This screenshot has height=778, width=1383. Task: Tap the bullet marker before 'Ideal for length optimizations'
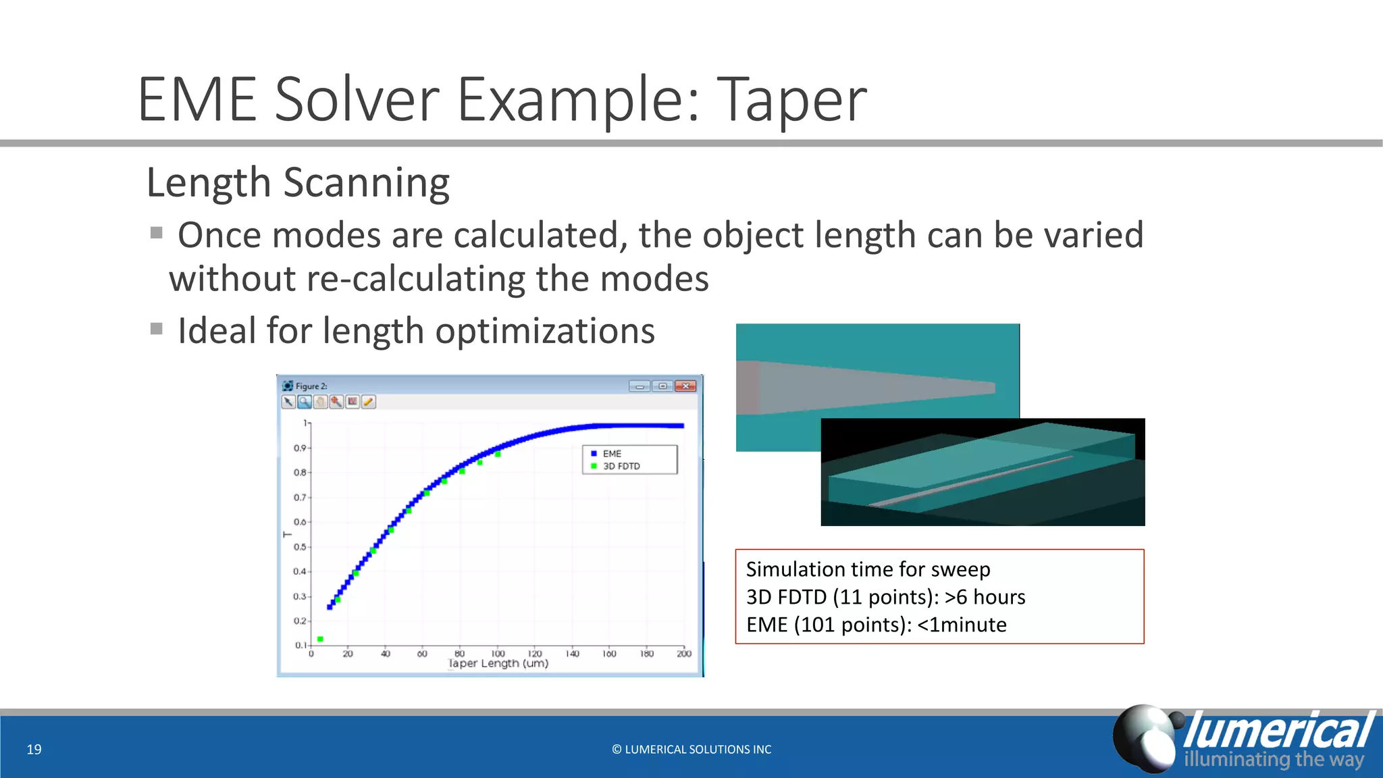pos(157,330)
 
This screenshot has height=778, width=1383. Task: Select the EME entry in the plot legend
pos(612,454)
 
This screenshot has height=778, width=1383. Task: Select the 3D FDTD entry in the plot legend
pos(621,466)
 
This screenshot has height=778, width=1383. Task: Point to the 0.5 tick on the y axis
pos(300,547)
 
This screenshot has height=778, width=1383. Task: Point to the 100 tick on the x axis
pos(498,653)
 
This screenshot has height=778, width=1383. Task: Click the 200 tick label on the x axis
pos(683,653)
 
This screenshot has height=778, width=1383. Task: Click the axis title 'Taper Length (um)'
pos(498,664)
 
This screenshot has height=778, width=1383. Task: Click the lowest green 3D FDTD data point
pos(320,639)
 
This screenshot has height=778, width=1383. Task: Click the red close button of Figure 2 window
pos(685,386)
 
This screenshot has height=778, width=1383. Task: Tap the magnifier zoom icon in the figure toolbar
pos(305,403)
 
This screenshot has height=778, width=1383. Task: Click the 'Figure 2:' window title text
pos(311,386)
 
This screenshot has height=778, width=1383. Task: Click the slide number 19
pos(34,749)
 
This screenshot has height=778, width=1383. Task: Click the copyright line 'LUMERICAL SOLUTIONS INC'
pos(691,750)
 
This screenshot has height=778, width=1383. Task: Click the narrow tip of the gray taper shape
pos(991,388)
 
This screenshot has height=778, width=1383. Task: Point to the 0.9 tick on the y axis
pos(300,448)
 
